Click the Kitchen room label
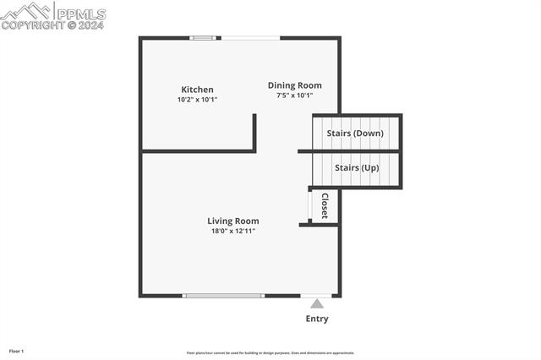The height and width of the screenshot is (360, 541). pos(197,90)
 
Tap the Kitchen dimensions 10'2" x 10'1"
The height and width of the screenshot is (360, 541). pos(197,100)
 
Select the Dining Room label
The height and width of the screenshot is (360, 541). pos(294,85)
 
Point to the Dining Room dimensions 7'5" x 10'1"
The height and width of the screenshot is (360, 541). pos(294,95)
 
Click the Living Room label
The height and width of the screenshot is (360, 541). pos(233,221)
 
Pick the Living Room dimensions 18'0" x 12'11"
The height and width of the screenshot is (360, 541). pos(233,231)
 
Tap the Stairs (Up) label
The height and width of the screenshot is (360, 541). pos(356,167)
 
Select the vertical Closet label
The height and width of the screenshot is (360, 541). pos(324,205)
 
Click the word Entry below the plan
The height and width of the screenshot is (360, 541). pos(316,319)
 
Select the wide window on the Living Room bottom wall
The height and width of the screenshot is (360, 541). pos(224,296)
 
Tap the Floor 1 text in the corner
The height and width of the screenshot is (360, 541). pos(17,351)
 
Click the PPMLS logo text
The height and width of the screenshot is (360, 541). pos(79,14)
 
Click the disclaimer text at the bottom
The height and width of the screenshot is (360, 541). pos(270,353)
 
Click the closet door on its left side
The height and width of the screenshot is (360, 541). pos(309,205)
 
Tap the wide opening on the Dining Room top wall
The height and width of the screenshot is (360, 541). pos(250,37)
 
